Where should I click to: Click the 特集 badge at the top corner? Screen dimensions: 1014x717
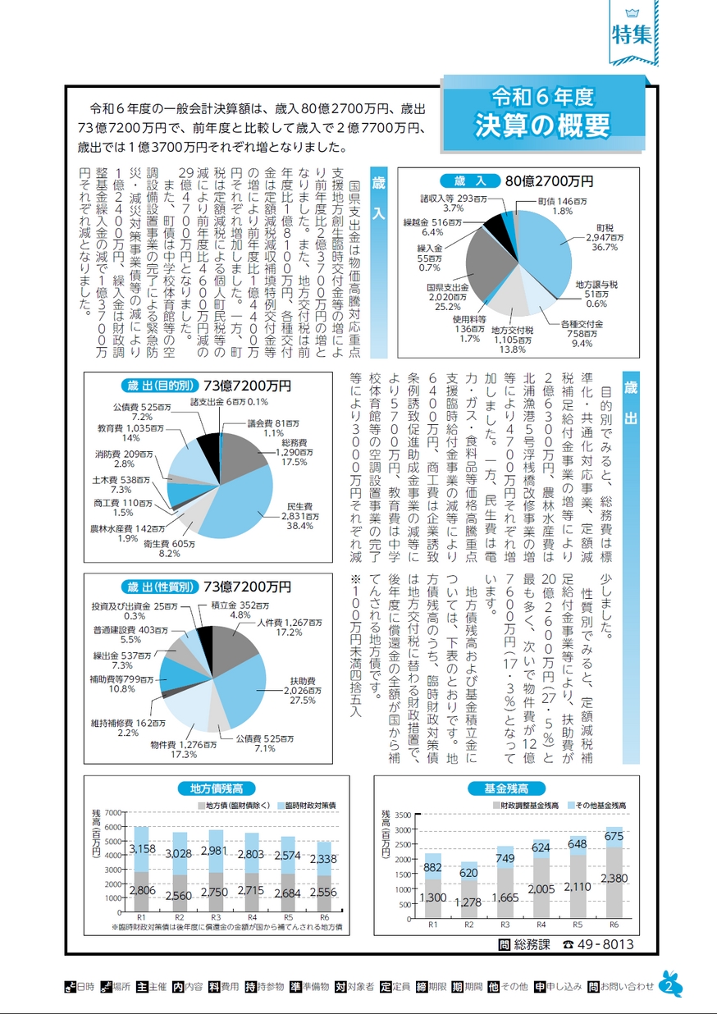pyautogui.click(x=633, y=34)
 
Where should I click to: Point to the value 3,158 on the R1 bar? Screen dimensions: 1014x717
pyautogui.click(x=143, y=847)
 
